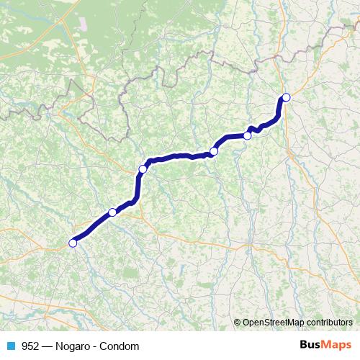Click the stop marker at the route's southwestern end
(x=73, y=243)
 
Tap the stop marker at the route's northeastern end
(x=286, y=97)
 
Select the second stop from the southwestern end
(x=112, y=212)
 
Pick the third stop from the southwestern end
(x=143, y=169)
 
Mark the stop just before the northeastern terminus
(x=248, y=135)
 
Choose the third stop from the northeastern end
(x=214, y=151)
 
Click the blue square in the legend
(x=11, y=346)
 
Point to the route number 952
(x=31, y=346)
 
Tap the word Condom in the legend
(x=120, y=346)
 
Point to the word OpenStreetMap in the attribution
(x=274, y=323)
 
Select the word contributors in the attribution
(x=329, y=323)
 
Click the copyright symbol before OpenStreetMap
(x=238, y=323)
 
